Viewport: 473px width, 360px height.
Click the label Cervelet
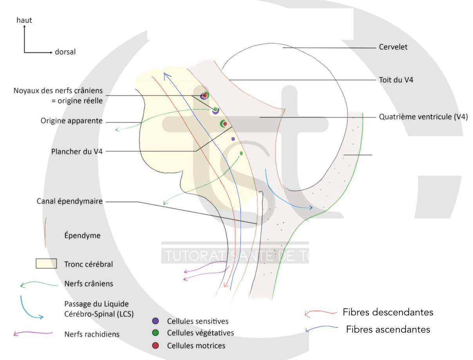click(x=393, y=47)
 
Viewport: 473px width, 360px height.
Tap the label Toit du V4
click(x=396, y=80)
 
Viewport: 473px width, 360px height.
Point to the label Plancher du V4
click(x=77, y=151)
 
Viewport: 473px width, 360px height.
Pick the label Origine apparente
click(x=72, y=121)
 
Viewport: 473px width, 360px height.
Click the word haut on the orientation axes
click(x=24, y=20)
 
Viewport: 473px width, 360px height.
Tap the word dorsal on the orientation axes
click(x=65, y=52)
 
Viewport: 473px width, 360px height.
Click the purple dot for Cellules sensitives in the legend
click(x=155, y=321)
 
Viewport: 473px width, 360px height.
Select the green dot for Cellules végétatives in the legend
click(x=155, y=333)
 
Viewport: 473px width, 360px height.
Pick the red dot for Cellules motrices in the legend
click(x=155, y=346)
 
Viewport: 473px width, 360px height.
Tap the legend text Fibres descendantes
click(x=388, y=312)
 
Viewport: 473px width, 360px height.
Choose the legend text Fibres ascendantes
click(x=388, y=329)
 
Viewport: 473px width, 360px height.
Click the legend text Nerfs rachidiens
click(x=92, y=334)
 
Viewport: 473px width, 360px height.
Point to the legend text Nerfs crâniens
click(x=88, y=283)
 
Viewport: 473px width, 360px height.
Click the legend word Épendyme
click(x=82, y=236)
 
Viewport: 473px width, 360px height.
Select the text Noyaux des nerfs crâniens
click(x=58, y=91)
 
